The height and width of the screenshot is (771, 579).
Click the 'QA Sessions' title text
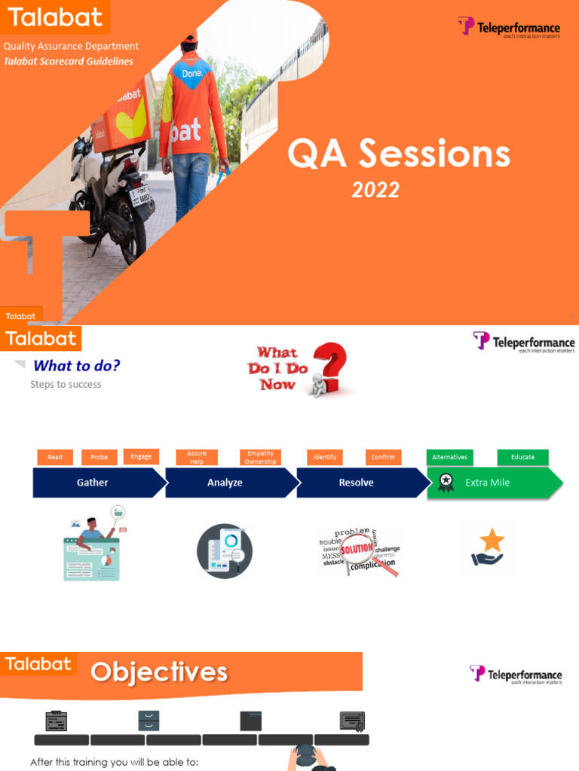(x=398, y=154)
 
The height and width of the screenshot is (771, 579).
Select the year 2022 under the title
(x=375, y=190)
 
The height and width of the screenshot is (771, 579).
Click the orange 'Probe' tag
(x=100, y=457)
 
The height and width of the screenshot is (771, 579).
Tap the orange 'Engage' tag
(x=141, y=456)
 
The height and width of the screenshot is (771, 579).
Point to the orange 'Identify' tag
(x=325, y=457)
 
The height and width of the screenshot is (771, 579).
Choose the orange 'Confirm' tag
(x=383, y=457)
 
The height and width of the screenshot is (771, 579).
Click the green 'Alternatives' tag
(x=449, y=457)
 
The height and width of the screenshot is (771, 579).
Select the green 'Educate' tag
(x=522, y=457)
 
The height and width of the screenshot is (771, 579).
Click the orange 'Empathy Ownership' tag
(x=260, y=457)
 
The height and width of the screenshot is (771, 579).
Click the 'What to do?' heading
(x=76, y=366)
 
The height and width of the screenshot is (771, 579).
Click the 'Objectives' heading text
(x=159, y=672)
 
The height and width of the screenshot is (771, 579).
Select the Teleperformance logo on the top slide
(x=510, y=29)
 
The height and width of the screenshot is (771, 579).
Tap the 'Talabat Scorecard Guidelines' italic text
(x=69, y=61)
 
